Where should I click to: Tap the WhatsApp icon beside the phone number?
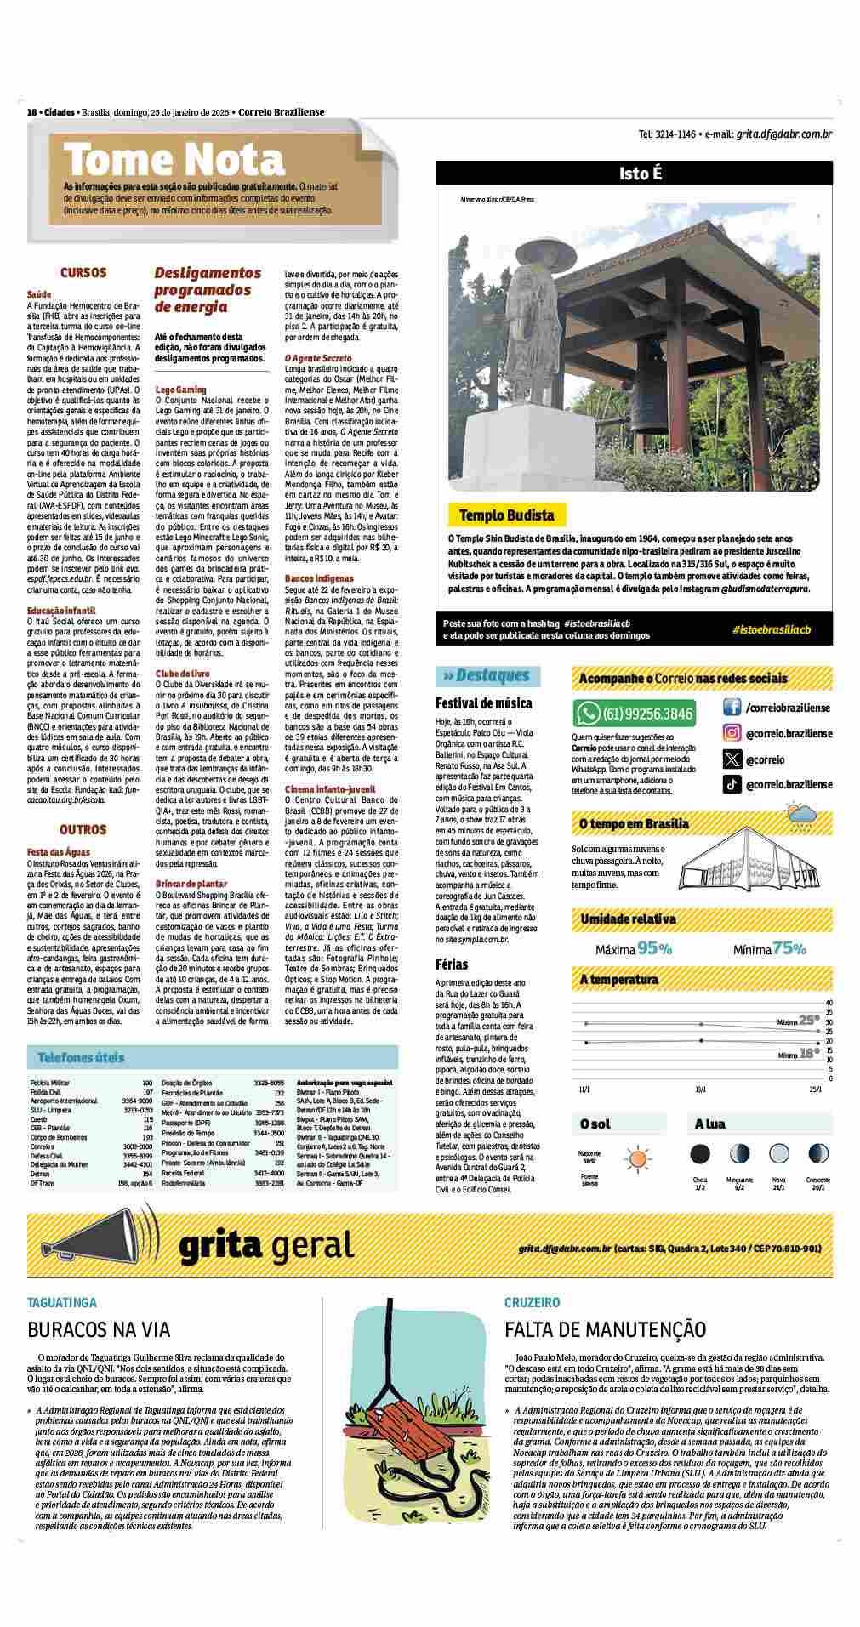pyautogui.click(x=588, y=713)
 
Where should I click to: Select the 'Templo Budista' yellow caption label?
pyautogui.click(x=506, y=515)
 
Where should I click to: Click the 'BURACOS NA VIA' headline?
pyautogui.click(x=99, y=1329)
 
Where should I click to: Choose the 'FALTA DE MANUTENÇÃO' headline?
pyautogui.click(x=605, y=1329)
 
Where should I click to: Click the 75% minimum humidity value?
pyautogui.click(x=789, y=948)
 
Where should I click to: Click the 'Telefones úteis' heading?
pyautogui.click(x=81, y=1058)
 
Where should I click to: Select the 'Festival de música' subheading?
pyautogui.click(x=484, y=703)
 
